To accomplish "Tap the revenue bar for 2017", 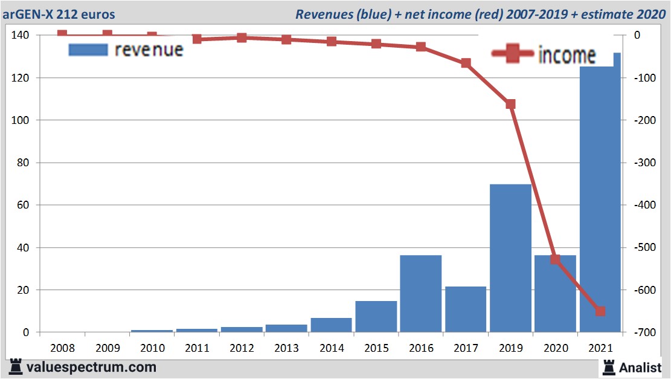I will coord(466,309).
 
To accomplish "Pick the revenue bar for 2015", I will coord(376,316).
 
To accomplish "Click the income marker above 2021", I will coord(600,311).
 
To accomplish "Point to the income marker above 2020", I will coord(555,259).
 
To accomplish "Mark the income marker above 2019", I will coord(510,104).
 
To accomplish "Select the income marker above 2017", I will coord(466,63).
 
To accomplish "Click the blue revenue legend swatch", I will coord(88,50).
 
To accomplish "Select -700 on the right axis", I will coord(644,332).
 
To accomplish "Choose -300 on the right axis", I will coord(644,163).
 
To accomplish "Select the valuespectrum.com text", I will coord(91,367).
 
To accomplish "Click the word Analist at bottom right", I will coord(640,367).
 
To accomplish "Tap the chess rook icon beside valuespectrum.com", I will coord(16,366).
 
